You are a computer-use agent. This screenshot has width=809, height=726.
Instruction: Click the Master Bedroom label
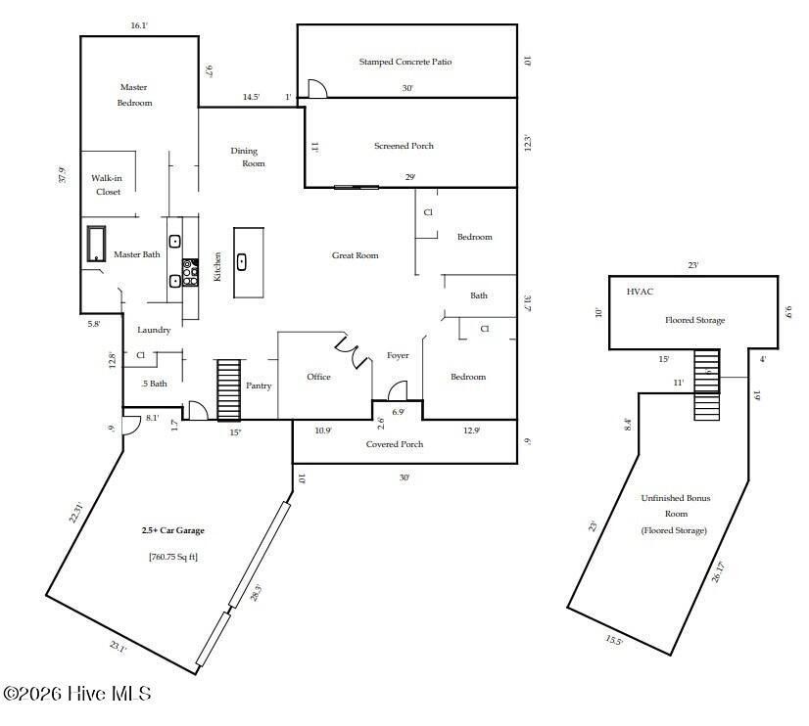[x=134, y=95]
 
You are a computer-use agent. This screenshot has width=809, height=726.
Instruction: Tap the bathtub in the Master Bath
[x=96, y=244]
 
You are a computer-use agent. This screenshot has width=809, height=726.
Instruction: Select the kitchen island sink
[x=241, y=262]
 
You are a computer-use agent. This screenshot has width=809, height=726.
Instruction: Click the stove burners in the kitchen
[x=190, y=271]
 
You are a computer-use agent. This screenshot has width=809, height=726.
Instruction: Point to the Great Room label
[x=355, y=255]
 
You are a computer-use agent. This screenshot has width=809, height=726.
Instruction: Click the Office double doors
[x=353, y=352]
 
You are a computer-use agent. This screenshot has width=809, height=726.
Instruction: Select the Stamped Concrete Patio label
[x=404, y=62]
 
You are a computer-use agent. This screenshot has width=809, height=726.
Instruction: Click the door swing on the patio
[x=316, y=89]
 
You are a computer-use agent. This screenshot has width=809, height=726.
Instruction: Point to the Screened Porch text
[x=404, y=146]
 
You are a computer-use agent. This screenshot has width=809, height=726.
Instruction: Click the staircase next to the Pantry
[x=228, y=389]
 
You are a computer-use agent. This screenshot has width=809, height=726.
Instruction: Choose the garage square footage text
[x=172, y=557]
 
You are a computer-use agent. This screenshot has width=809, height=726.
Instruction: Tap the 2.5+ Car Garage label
[x=172, y=530]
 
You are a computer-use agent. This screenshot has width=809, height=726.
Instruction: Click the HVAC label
[x=639, y=292]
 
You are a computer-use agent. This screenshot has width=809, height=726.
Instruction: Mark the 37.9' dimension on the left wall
[x=62, y=174]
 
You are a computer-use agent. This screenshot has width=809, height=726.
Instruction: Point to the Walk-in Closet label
[x=107, y=185]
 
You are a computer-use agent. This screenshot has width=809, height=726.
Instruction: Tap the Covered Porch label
[x=395, y=444]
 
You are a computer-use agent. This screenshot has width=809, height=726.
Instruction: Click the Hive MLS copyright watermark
[x=76, y=694]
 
